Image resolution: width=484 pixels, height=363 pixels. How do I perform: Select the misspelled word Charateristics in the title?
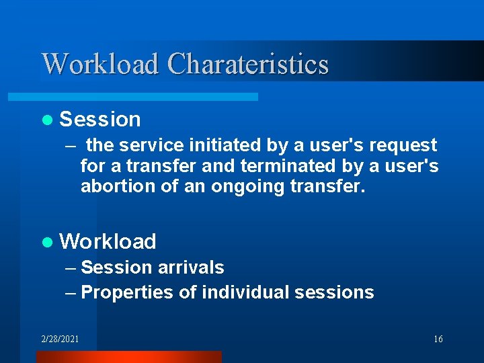247,64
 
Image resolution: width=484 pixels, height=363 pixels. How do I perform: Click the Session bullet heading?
100,119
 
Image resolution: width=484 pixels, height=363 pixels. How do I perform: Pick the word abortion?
118,186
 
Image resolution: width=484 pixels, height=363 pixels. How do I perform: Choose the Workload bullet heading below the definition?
108,241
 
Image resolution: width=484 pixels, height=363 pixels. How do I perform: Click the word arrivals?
191,268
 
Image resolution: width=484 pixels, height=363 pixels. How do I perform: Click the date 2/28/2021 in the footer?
60,339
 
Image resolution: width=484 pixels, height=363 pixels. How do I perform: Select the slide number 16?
438,339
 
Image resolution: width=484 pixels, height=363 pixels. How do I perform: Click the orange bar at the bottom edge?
128,357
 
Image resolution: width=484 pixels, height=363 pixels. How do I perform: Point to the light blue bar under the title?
148,97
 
